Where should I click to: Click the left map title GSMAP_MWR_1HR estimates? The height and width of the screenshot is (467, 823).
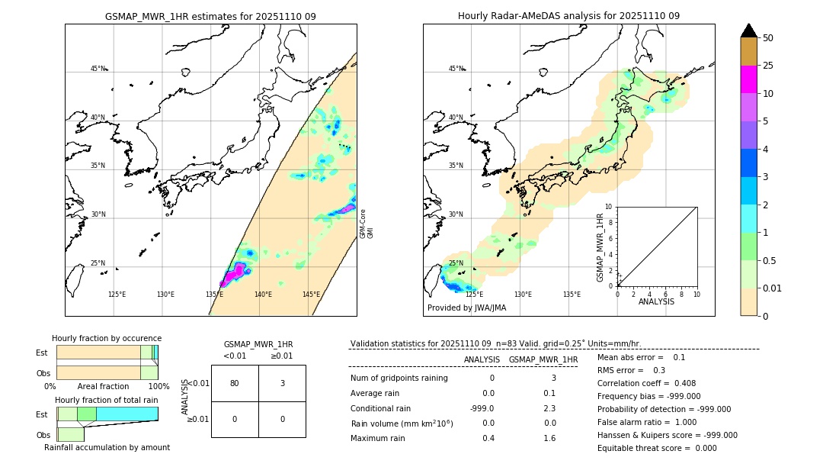point(210,16)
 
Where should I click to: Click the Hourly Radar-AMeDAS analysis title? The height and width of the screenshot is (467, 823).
point(568,16)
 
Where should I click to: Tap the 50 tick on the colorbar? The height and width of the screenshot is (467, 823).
point(768,38)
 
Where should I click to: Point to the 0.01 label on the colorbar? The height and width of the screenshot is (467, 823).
point(773,288)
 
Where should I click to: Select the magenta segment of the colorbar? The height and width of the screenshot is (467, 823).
point(748,79)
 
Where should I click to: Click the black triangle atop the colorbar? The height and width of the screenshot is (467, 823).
point(748,31)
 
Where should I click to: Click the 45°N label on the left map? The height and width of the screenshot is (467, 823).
point(98,69)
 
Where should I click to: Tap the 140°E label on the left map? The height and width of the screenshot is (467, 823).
point(263,295)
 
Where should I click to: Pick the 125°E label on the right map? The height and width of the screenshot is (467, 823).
point(474,295)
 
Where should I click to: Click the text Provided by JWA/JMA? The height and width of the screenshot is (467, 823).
point(466,308)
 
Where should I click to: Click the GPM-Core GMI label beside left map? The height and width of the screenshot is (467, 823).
point(367,223)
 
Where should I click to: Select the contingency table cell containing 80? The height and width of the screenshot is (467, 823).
point(235,383)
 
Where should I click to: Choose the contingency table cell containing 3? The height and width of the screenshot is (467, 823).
point(282,383)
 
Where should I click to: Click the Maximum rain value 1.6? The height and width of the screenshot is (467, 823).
point(549,438)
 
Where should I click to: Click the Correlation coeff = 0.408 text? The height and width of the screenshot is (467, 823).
point(646,383)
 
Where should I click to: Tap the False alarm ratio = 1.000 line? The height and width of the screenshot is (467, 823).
point(647,422)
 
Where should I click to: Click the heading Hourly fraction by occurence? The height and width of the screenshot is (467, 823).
point(107,338)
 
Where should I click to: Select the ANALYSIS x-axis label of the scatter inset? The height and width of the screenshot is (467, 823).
point(656,302)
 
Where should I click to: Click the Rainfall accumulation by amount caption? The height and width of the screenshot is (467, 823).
point(107,447)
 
